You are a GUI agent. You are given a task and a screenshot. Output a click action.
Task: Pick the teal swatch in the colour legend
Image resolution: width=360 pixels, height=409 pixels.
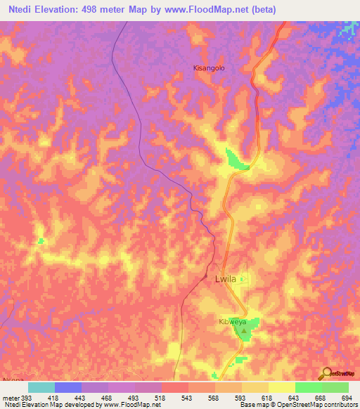point(41,387)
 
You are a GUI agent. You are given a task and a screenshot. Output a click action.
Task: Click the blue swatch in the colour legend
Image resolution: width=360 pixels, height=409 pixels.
point(68,387)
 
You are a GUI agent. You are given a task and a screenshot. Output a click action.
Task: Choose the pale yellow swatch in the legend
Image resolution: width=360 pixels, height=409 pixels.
point(282,387)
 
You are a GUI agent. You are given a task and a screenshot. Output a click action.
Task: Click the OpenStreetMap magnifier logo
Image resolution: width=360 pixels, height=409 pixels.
point(326,372)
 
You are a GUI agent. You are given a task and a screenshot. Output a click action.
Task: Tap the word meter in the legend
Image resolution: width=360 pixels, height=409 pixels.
point(11,398)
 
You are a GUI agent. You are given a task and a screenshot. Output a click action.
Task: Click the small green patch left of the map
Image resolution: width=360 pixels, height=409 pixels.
point(41,241)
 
